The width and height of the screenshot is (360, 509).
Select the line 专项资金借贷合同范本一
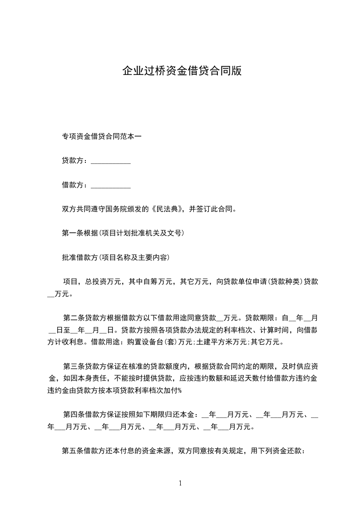click(102, 137)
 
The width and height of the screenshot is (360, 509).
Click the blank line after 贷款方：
click(111, 161)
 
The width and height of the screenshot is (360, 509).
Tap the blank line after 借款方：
click(111, 185)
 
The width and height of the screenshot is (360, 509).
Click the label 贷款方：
click(76, 161)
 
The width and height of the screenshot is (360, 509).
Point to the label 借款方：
click(76, 185)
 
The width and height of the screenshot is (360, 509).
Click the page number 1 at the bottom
click(180, 483)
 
